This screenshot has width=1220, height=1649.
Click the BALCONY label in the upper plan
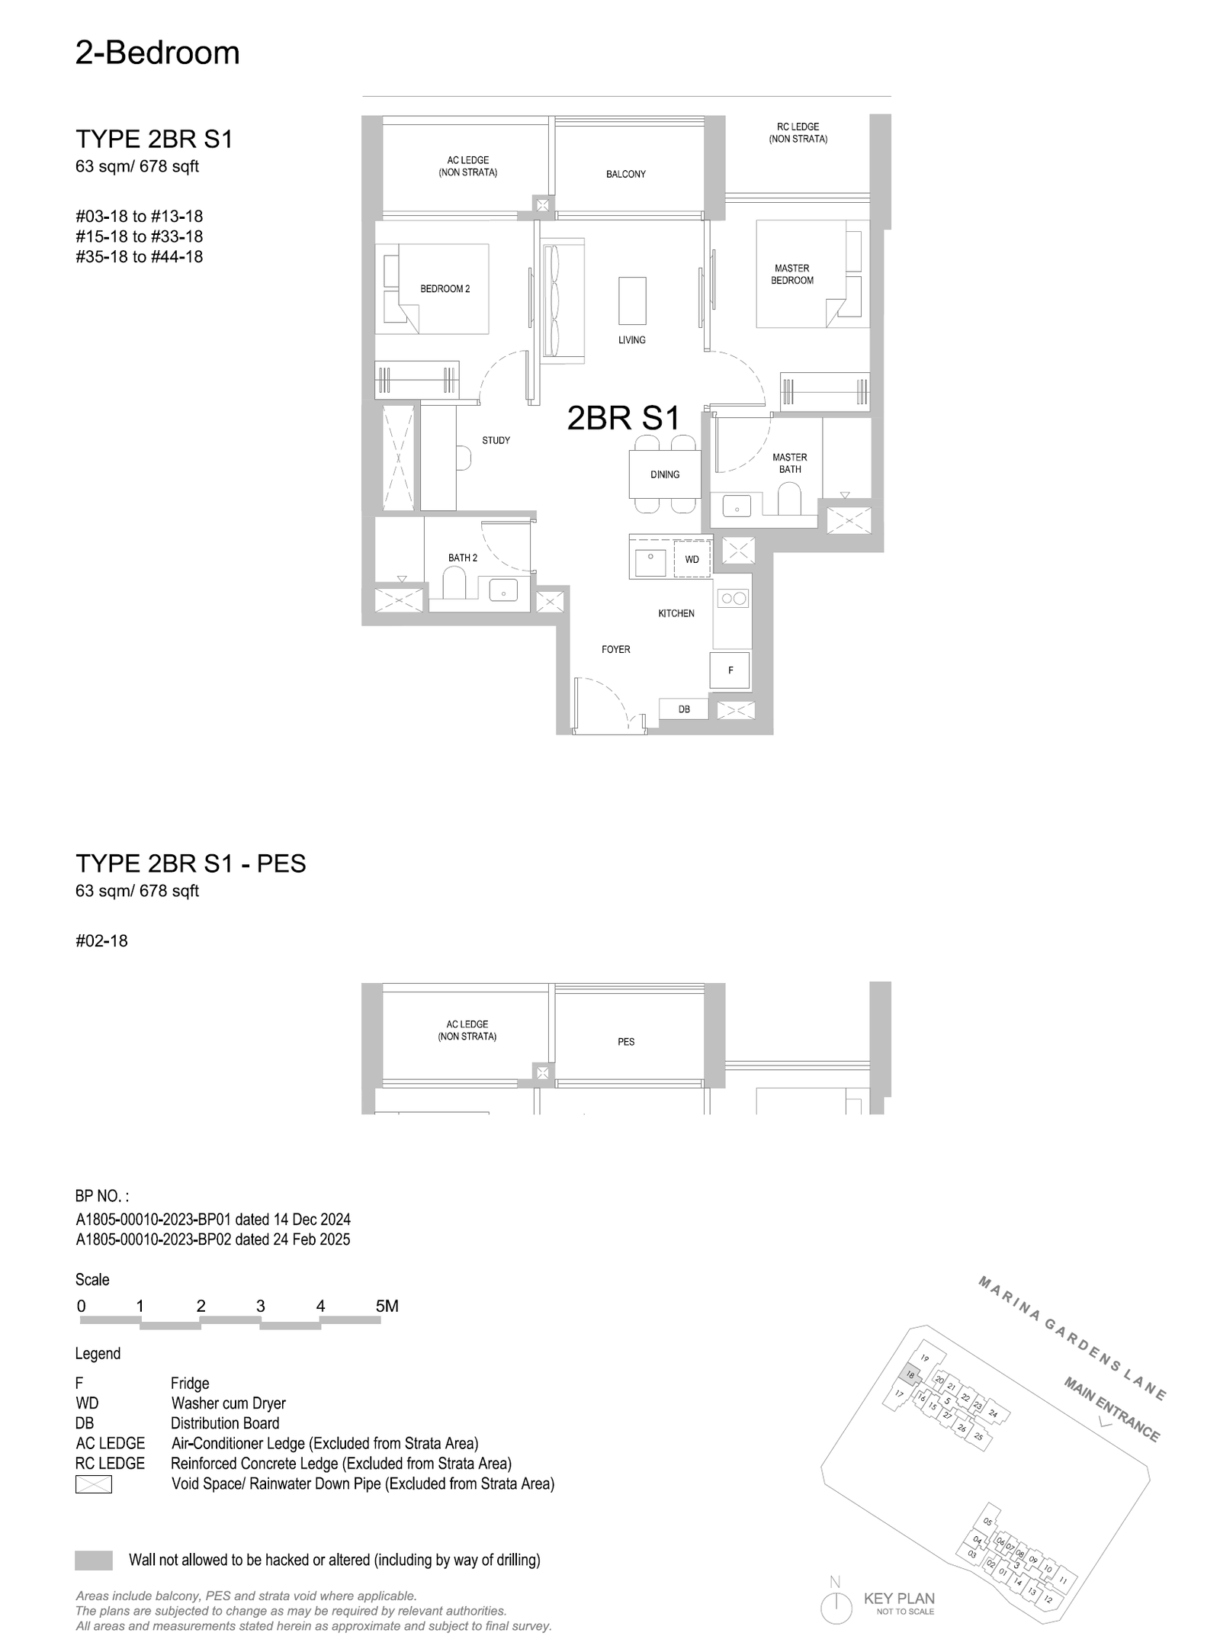pyautogui.click(x=625, y=175)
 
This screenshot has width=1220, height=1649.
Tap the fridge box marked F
pyautogui.click(x=730, y=670)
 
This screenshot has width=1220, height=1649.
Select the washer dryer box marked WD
pyautogui.click(x=692, y=559)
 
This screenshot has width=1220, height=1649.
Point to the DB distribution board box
pyautogui.click(x=684, y=709)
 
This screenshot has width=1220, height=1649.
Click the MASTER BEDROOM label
pyautogui.click(x=792, y=275)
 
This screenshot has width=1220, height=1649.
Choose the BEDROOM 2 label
pyautogui.click(x=445, y=289)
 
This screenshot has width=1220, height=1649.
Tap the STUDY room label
pyautogui.click(x=496, y=441)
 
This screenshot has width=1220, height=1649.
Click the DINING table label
pyautogui.click(x=664, y=474)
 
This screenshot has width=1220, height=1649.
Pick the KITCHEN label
pyautogui.click(x=676, y=613)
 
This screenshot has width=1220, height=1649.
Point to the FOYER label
pyautogui.click(x=615, y=650)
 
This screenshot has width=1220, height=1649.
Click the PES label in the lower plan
pyautogui.click(x=626, y=1042)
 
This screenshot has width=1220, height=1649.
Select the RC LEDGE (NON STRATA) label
pyautogui.click(x=798, y=133)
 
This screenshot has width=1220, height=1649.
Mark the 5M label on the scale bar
pyautogui.click(x=387, y=1307)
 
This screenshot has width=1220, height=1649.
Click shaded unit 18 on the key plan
pyautogui.click(x=910, y=1374)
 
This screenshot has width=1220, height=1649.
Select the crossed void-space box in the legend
pyautogui.click(x=94, y=1484)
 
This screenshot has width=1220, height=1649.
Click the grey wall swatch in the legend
pyautogui.click(x=94, y=1561)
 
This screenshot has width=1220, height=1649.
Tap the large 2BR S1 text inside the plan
pyautogui.click(x=623, y=418)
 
